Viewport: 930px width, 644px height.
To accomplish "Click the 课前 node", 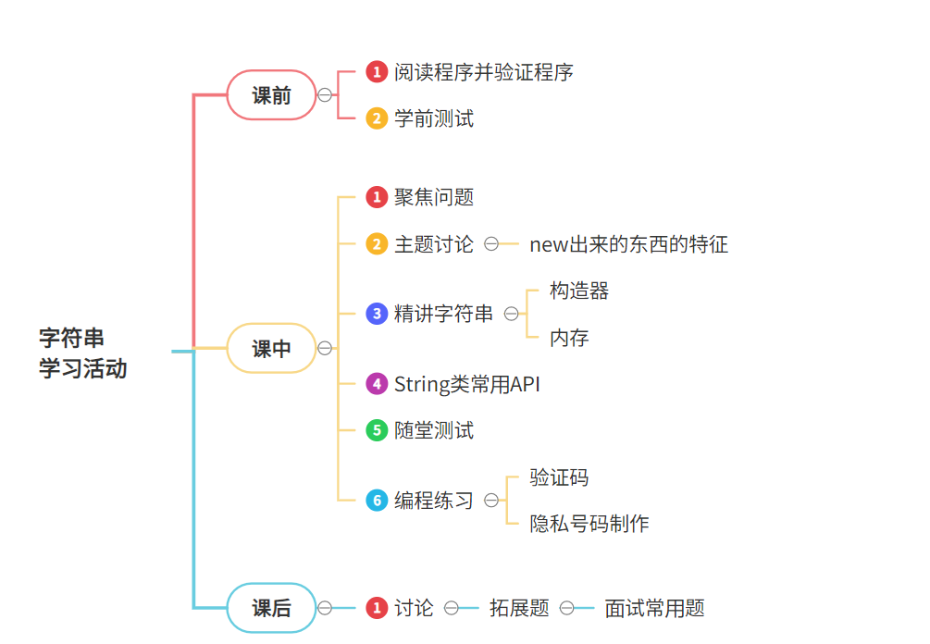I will pos(271,95).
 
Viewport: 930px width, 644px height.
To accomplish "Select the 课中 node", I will pos(271,349).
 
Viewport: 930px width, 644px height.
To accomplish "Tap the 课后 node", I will pos(271,608).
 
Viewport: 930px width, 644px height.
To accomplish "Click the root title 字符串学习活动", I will pos(83,353).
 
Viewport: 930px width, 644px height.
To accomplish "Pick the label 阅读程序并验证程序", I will pos(484,72).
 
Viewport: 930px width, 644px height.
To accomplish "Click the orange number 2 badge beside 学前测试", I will pos(377,118).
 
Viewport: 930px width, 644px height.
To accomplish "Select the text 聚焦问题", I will pos(434,197).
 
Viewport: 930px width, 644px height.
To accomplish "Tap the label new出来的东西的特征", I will pos(628,244).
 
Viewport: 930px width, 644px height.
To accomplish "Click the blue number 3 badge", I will pos(377,314).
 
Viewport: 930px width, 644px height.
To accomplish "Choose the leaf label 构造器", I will pos(579,291).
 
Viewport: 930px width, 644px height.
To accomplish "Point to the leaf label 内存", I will pos(569,338).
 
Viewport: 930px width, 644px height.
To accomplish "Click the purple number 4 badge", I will pos(377,384).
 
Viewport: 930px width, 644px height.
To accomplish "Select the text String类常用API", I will pos(467,384).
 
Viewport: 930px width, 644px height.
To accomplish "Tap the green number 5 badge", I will pos(377,430).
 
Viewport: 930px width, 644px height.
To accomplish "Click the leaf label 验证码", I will pos(559,477).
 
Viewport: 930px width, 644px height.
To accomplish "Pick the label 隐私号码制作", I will pos(589,524).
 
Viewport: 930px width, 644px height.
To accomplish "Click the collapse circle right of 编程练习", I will pos(491,501).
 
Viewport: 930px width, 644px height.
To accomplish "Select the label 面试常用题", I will pos(655,608).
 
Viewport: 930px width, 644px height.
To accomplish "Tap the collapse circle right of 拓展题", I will pos(565,608).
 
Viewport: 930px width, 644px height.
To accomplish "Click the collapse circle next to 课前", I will pos(325,95).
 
